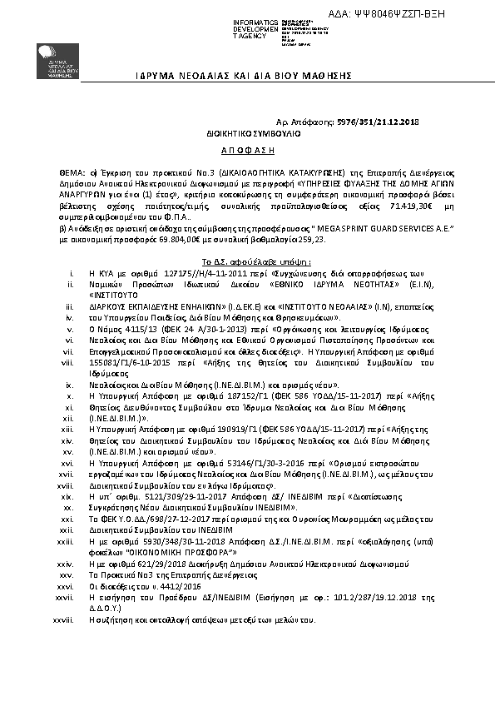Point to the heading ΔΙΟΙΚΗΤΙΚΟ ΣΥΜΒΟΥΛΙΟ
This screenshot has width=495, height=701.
click(x=254, y=133)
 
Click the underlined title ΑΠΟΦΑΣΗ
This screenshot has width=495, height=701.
click(x=253, y=152)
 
